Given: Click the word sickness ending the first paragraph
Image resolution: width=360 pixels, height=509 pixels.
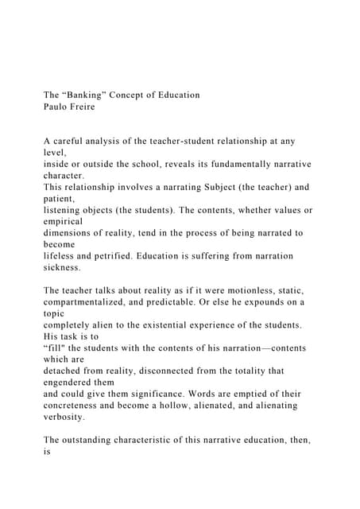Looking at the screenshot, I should pyautogui.click(x=68, y=268).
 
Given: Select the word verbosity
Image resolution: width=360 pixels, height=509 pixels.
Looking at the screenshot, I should pyautogui.click(x=70, y=417).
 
